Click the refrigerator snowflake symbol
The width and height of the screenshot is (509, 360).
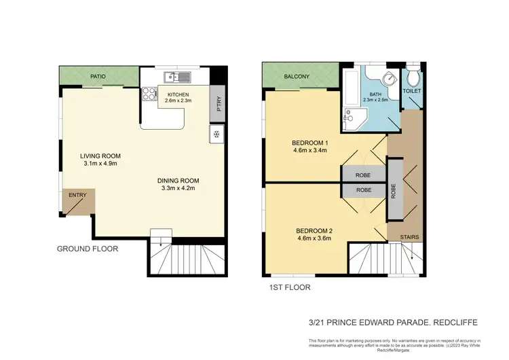[216, 134]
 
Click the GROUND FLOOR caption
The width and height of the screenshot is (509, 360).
[87, 249]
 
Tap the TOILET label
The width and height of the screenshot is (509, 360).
[412, 90]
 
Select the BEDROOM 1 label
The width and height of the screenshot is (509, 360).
[309, 142]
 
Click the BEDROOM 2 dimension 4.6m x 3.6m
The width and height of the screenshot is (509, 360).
[314, 238]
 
